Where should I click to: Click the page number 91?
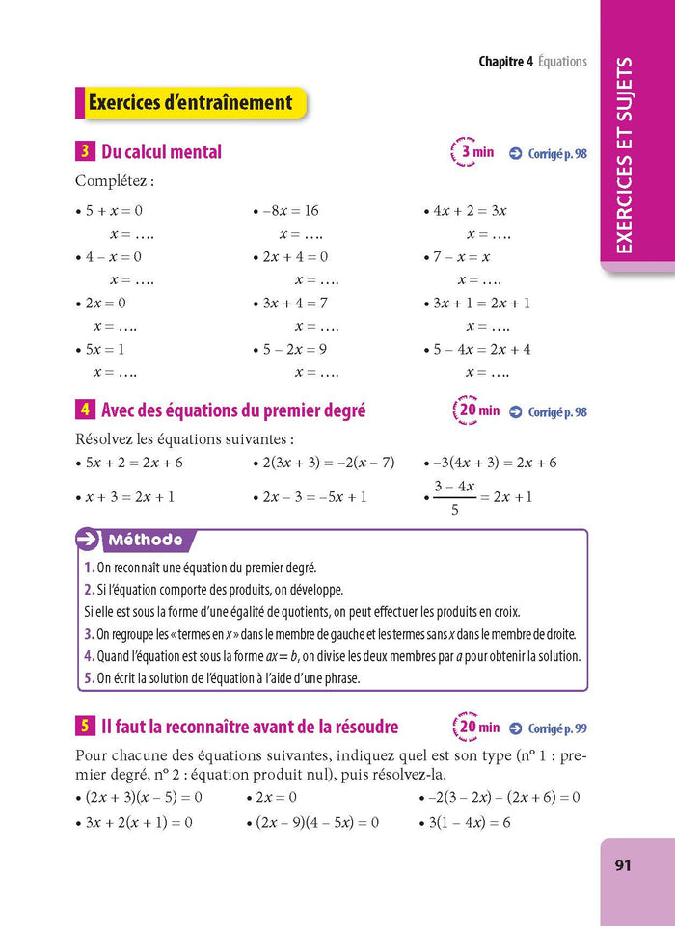(622, 865)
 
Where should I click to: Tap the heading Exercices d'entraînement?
(190, 102)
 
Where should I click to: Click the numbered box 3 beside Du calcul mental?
(85, 151)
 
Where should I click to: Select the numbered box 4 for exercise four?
(85, 410)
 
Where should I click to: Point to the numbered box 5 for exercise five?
(85, 727)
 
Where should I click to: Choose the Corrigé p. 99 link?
(547, 728)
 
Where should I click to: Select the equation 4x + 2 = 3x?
(470, 210)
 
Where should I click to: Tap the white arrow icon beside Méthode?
(88, 540)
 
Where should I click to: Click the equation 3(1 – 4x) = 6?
(470, 822)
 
